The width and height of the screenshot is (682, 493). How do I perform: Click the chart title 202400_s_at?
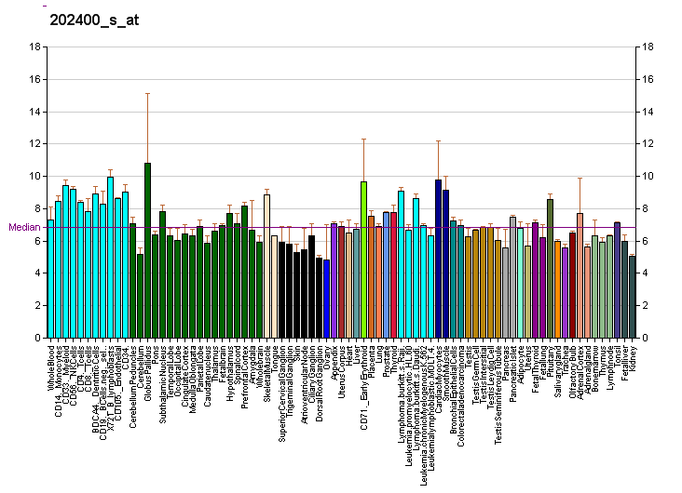click(x=93, y=20)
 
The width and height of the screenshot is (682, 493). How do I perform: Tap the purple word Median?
click(x=21, y=227)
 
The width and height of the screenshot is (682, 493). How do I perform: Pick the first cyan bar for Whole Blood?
click(x=50, y=279)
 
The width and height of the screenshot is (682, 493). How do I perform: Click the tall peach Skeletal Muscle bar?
click(x=266, y=265)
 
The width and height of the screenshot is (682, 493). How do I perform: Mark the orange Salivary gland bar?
click(x=557, y=288)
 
